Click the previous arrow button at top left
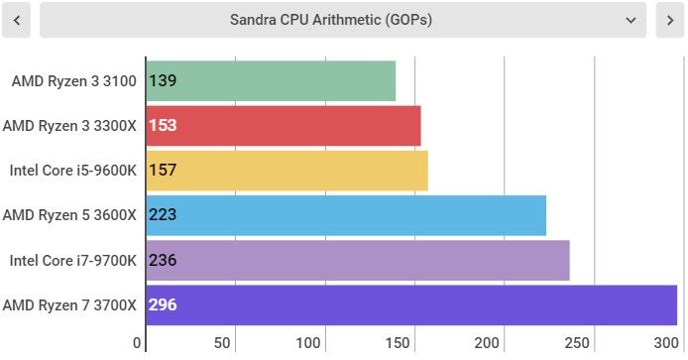[x=16, y=20]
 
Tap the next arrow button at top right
[x=669, y=20]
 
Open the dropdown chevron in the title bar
[x=631, y=20]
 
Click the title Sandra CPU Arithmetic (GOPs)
[x=331, y=20]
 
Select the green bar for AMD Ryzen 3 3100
[x=271, y=80]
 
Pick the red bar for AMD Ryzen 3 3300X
[x=284, y=126]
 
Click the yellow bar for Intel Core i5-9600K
[x=287, y=171]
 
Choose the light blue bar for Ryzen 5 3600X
[x=346, y=215]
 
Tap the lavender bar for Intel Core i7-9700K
[x=358, y=260]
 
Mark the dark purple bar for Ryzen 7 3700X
[x=411, y=305]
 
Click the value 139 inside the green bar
[x=163, y=80]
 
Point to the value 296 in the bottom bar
[x=163, y=304]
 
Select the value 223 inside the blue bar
[x=163, y=214]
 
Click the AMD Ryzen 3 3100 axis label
[x=73, y=81]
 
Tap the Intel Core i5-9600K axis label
[x=72, y=171]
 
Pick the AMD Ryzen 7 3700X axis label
[x=69, y=305]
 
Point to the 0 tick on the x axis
[x=137, y=342]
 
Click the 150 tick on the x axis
[x=398, y=342]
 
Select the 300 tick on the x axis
[x=666, y=342]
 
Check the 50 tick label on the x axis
[x=222, y=342]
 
